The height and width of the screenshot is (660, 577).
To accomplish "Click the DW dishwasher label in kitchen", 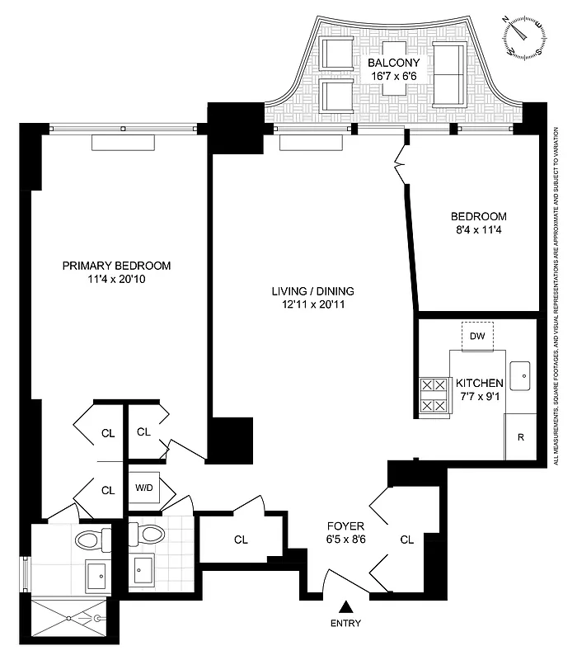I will (477, 336).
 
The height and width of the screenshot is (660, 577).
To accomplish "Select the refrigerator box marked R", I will (520, 436).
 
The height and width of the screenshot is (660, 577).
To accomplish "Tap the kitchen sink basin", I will (520, 375).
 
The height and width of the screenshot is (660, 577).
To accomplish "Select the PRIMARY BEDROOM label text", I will (117, 266).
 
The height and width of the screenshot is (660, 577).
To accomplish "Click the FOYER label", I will (345, 526).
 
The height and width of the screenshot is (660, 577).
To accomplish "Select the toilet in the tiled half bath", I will (151, 535).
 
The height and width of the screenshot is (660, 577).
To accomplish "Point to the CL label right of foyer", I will (406, 540).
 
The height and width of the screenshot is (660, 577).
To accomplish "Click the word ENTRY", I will (345, 624).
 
